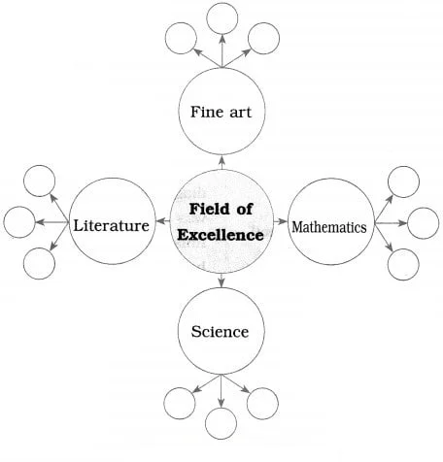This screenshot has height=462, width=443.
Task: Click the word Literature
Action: coord(112,225)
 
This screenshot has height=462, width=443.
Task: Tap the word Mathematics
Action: coord(329,227)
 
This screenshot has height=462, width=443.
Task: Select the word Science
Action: coord(220,332)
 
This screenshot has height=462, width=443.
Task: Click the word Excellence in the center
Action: coord(221,235)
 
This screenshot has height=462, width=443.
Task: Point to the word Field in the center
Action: coord(204,209)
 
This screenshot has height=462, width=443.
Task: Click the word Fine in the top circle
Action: coord(202,112)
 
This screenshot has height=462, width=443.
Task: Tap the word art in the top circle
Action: coord(240,113)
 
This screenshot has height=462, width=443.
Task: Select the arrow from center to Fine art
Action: coord(221,163)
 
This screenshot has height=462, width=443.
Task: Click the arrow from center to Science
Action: coord(221,280)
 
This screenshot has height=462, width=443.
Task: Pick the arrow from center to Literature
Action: coord(163,221)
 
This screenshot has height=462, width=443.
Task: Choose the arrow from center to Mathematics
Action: coord(281,221)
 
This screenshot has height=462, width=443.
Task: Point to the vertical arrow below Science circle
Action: coord(221,391)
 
